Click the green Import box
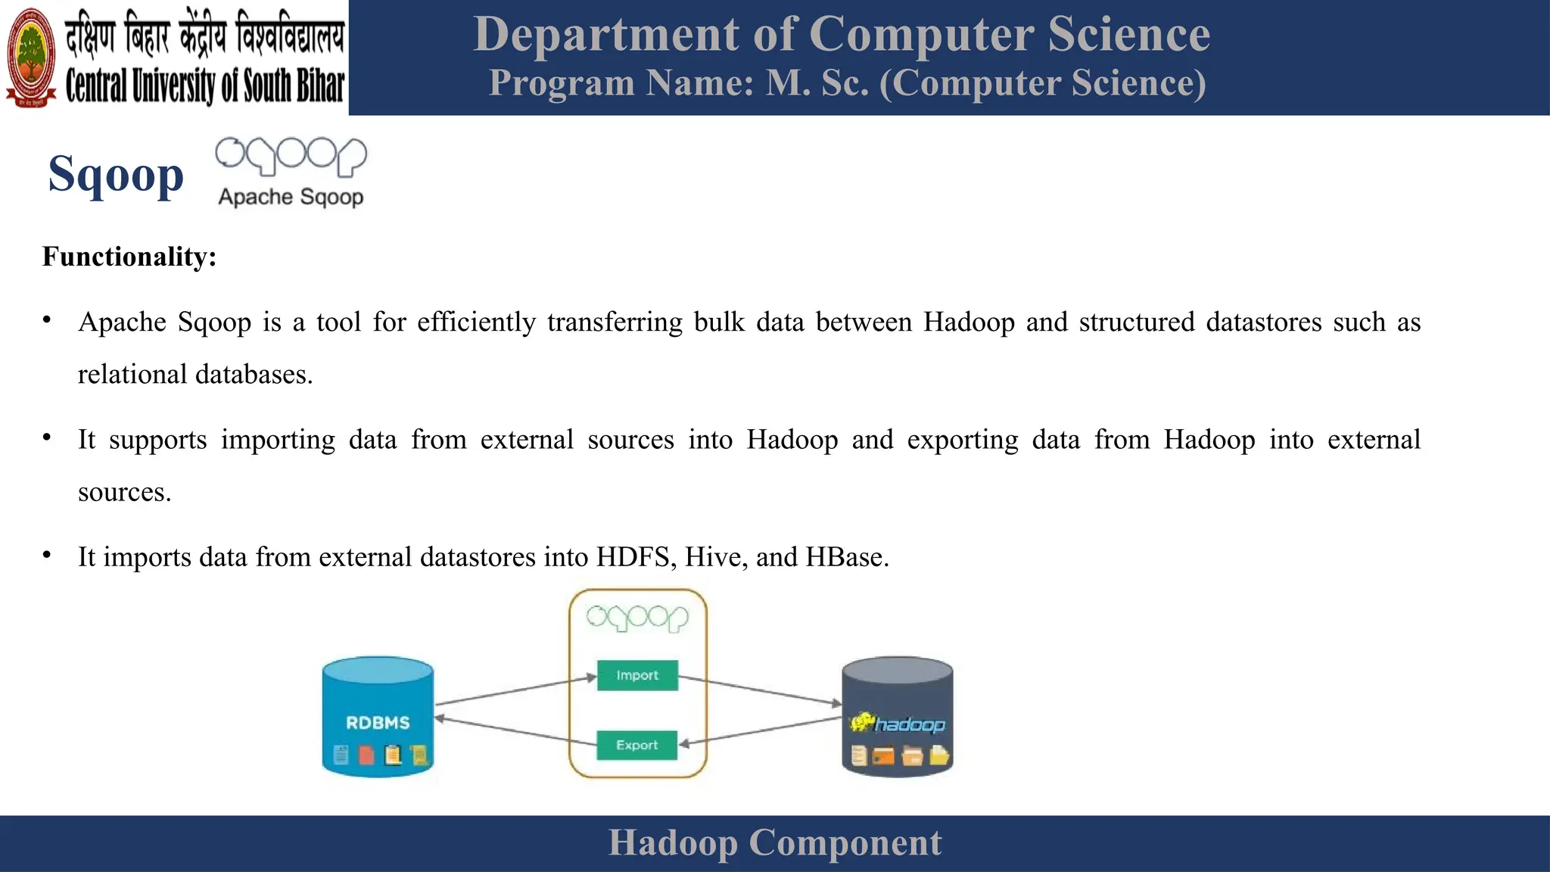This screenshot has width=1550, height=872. click(637, 675)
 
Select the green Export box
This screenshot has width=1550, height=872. click(637, 745)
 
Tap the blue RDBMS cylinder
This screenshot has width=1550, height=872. click(378, 716)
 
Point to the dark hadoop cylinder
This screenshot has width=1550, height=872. click(898, 716)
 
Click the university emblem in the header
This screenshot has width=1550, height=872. click(31, 58)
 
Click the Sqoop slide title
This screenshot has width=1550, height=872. click(116, 174)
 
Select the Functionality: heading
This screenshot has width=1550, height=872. click(129, 257)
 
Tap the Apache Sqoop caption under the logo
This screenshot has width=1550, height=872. click(291, 197)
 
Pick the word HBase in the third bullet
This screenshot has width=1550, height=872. click(846, 557)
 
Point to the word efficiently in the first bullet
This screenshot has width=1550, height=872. click(476, 322)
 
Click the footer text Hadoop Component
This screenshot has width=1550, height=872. click(775, 842)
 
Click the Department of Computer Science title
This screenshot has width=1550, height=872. click(842, 34)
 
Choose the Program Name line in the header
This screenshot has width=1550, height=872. click(847, 83)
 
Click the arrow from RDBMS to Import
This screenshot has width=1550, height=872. click(515, 691)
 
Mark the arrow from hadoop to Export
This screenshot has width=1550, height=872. click(761, 731)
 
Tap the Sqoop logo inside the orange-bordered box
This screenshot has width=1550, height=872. click(637, 618)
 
